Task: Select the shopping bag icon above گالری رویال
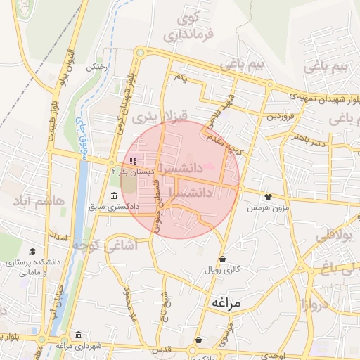point(222,258)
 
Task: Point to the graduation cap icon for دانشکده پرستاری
point(32,251)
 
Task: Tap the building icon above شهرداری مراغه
point(78,335)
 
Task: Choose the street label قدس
point(162,349)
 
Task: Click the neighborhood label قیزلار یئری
point(153,115)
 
